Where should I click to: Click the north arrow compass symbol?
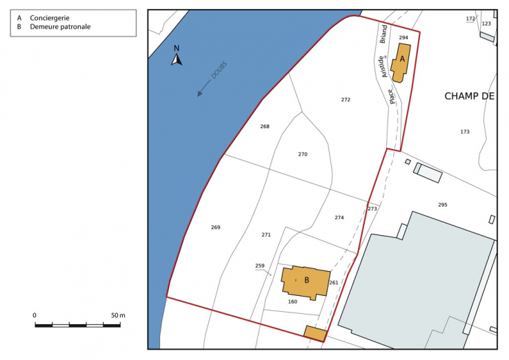point(177,57)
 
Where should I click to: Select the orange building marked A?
point(400,62)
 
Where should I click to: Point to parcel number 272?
point(346,100)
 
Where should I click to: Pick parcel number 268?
point(265,127)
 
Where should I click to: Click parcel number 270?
point(303,154)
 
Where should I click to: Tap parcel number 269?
point(215,228)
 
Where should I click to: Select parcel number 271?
point(266,235)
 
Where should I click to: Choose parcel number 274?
point(339,218)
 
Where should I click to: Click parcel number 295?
point(443,206)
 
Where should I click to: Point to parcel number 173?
point(465,132)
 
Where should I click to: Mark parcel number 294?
point(403,38)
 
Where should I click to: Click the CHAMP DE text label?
point(470,97)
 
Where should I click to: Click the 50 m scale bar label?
point(118,315)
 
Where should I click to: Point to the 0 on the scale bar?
point(34,315)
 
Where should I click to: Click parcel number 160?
point(292,302)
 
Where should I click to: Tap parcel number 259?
point(259,266)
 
